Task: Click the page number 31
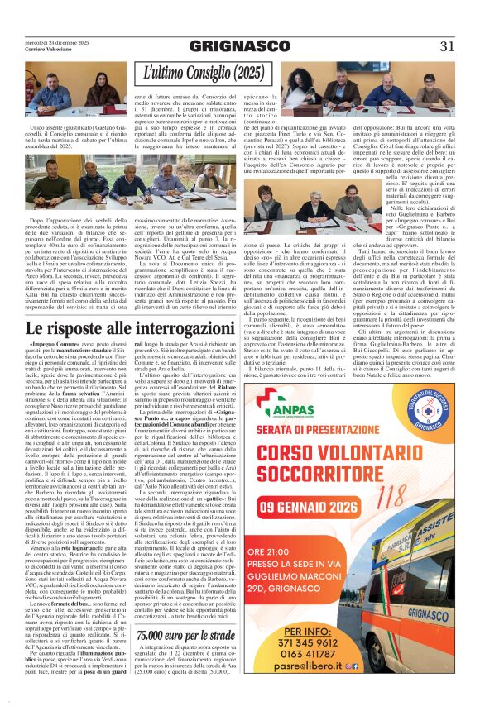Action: tap(447, 46)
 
